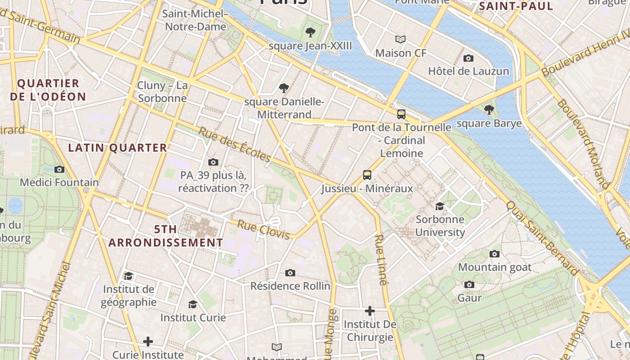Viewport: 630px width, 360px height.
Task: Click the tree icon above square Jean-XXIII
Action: (310, 32)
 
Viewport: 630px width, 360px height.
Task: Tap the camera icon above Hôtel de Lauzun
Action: (468, 58)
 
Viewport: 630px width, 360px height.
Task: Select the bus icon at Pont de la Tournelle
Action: (401, 114)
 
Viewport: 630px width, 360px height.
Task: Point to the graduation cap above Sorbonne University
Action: (440, 206)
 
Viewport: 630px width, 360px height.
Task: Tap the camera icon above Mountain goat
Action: (495, 254)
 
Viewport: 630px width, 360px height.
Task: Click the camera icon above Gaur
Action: (469, 284)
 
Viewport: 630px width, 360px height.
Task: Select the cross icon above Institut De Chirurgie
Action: (370, 311)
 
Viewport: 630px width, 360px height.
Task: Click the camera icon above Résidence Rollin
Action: (290, 273)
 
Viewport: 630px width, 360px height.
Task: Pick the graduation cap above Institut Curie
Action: (193, 304)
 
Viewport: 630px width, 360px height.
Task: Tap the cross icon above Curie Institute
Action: (148, 342)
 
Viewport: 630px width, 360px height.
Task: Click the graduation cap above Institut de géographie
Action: (129, 276)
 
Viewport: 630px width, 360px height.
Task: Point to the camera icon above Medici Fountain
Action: (59, 169)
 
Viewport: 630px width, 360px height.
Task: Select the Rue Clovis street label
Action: (264, 230)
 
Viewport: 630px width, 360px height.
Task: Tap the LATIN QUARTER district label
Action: (117, 148)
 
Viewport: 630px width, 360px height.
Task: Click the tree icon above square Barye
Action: (489, 109)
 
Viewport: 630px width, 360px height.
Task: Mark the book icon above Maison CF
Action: (400, 39)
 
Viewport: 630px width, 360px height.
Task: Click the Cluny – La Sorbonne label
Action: (162, 92)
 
